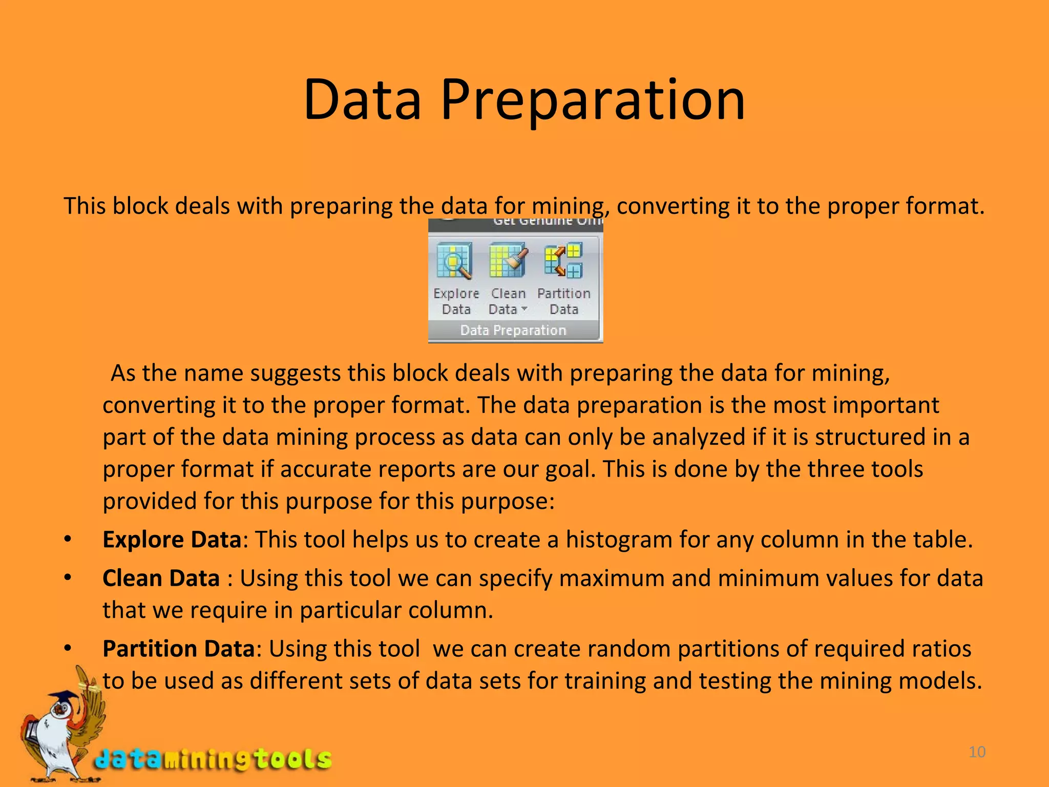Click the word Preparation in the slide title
pos(593,100)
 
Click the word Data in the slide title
pos(362,100)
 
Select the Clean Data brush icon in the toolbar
pos(508,260)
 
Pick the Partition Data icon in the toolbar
pos(563,260)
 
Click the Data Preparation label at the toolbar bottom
pos(513,330)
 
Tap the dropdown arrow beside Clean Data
pos(524,308)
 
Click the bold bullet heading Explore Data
pos(172,540)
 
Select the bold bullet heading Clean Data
pos(161,578)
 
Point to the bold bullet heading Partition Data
pos(178,649)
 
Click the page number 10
pos(977,752)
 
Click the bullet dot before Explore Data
pos(68,540)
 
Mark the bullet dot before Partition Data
pos(68,649)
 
